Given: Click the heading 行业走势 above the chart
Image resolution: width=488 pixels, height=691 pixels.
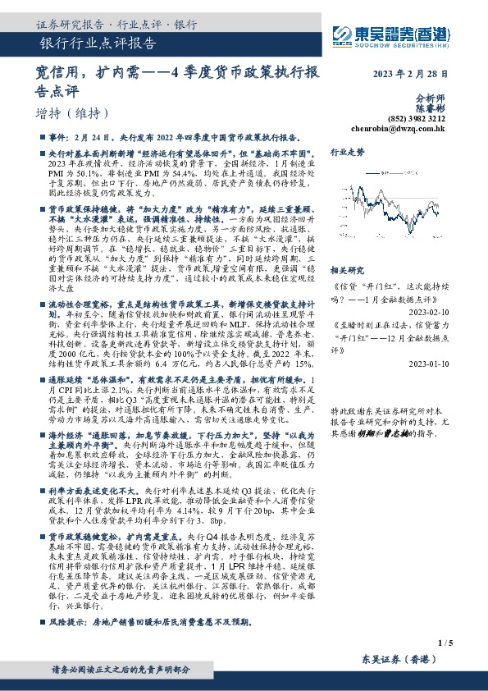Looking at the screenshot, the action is [x=347, y=153].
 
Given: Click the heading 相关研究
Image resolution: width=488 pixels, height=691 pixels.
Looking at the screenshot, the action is [x=347, y=270].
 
